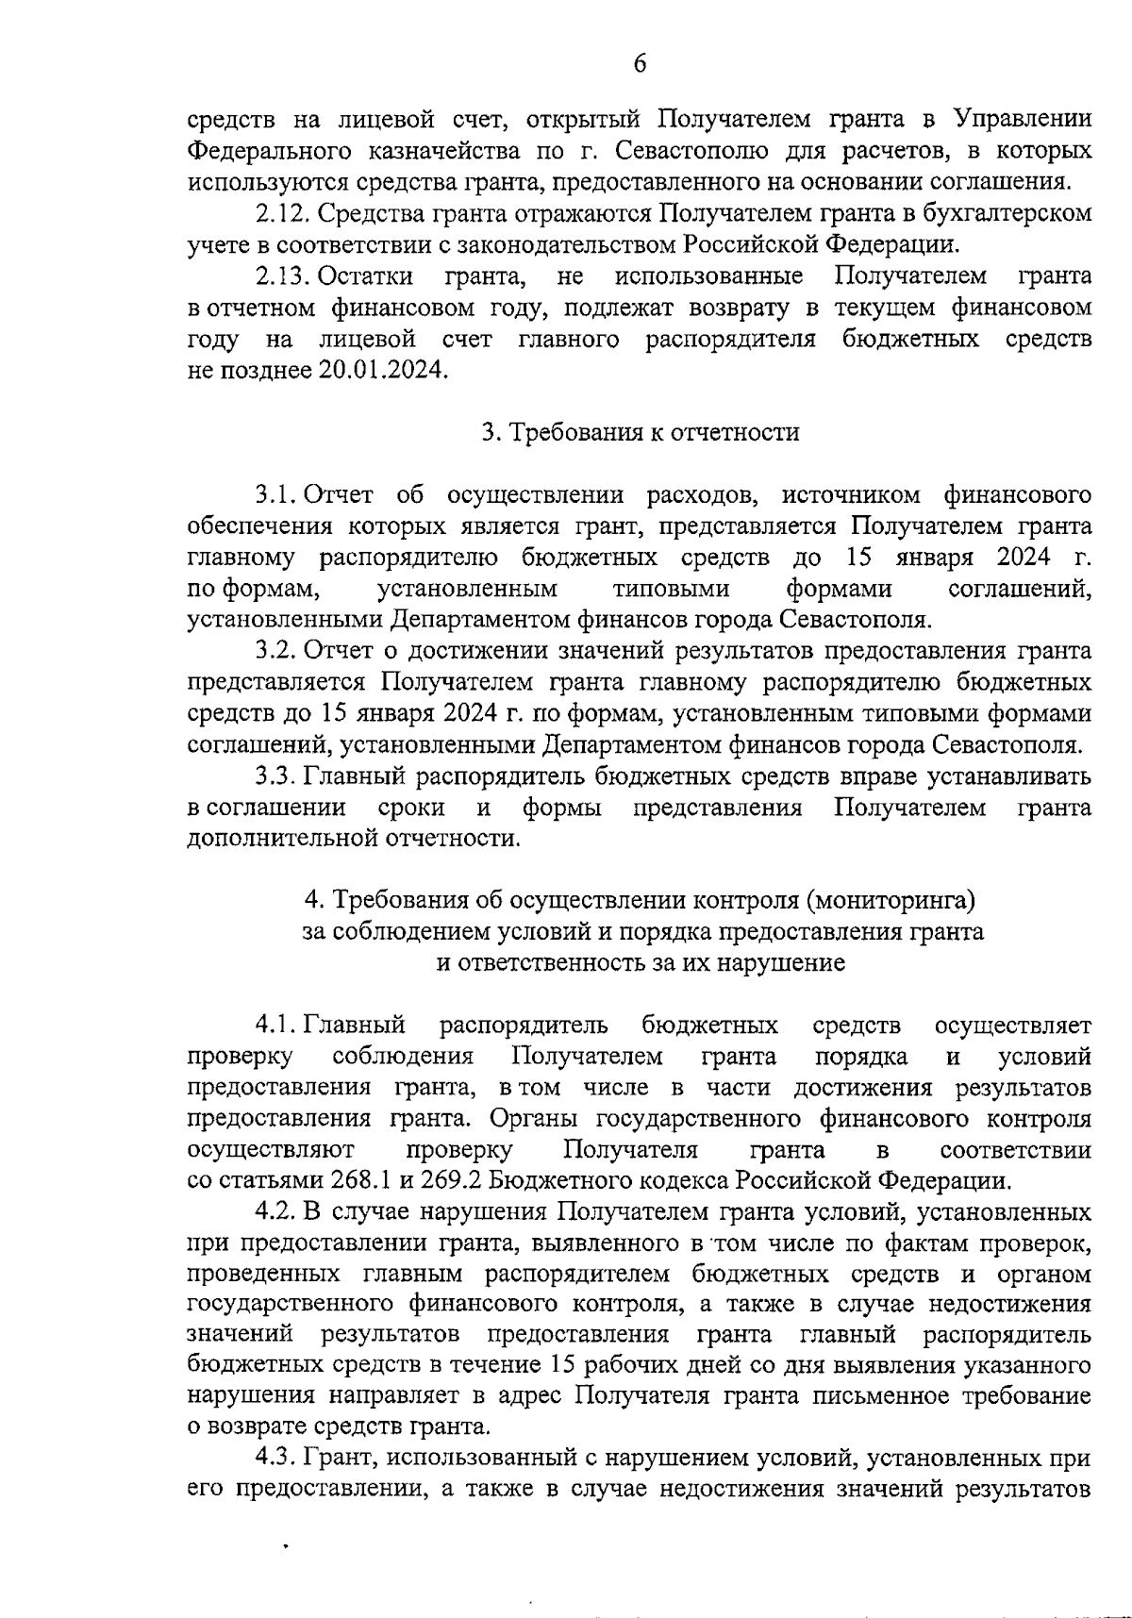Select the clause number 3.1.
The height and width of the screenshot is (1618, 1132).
coord(275,494)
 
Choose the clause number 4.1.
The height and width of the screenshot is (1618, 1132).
coord(275,1025)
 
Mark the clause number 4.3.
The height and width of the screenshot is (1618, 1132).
coord(275,1458)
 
